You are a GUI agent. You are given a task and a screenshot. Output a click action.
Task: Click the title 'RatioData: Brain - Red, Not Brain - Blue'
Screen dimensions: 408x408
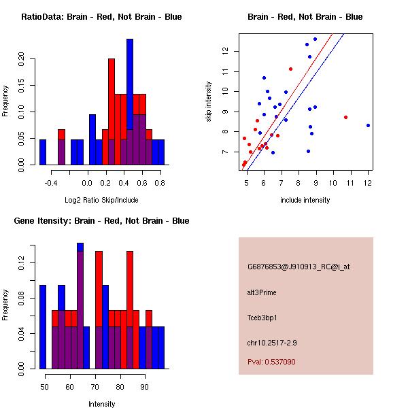101,17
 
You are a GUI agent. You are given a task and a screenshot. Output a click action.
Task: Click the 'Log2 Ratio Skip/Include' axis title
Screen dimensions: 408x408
101,200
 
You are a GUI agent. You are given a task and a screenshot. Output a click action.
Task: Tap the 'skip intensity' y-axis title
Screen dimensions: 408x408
209,102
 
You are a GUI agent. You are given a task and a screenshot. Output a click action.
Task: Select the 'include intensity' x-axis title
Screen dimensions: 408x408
305,200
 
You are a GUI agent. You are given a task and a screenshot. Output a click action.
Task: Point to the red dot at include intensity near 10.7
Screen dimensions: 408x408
345,117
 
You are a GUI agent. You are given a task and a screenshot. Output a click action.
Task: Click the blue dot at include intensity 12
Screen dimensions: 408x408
368,125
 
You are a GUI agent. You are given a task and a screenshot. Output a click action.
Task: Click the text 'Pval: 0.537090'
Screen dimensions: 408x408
271,362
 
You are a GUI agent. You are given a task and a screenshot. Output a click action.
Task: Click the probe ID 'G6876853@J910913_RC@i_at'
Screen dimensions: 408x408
299,267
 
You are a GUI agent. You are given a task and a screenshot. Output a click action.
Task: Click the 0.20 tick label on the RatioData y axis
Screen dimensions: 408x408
21,59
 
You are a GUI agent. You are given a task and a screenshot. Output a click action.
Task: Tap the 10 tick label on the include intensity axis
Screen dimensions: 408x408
333,183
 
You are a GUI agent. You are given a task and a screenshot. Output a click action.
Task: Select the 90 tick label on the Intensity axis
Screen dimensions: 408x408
144,387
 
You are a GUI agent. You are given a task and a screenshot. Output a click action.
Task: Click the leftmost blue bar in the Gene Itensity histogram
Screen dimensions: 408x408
43,326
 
